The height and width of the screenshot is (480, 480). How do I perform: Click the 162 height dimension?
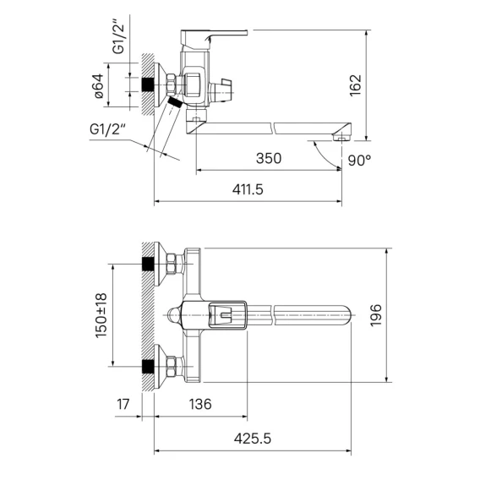coord(356,85)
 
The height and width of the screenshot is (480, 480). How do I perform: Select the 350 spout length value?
coord(269,159)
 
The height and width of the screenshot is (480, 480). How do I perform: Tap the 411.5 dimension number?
coord(248,189)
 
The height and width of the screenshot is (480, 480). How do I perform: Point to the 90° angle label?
coord(359,160)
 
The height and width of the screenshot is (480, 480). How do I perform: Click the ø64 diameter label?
coord(99,86)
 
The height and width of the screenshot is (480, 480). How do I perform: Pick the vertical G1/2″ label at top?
coord(119,37)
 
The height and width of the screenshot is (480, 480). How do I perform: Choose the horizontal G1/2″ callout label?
coord(108,129)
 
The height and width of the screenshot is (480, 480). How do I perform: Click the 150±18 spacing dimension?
coord(101,315)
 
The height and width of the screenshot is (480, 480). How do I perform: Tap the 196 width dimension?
coord(376,315)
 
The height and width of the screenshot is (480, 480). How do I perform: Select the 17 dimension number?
coord(123,404)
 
